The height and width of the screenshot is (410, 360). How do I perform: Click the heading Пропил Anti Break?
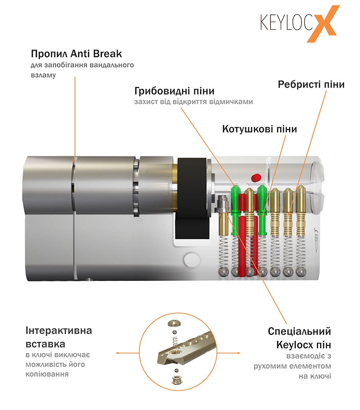coord(76,54)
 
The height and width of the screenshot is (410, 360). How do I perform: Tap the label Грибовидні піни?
coord(174,91)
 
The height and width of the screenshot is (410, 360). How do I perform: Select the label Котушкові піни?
coord(260,129)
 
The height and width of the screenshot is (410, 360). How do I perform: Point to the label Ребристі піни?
coord(311,85)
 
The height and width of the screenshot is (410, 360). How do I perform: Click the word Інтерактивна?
coord(58,330)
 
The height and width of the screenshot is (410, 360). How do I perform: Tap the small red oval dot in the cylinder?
coord(256,178)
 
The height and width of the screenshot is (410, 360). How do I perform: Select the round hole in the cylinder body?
coord(191,259)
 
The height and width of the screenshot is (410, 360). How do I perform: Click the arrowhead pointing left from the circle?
coord(118,353)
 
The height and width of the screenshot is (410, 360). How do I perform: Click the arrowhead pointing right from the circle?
coord(238,353)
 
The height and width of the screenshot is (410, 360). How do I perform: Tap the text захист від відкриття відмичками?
coord(194,102)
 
